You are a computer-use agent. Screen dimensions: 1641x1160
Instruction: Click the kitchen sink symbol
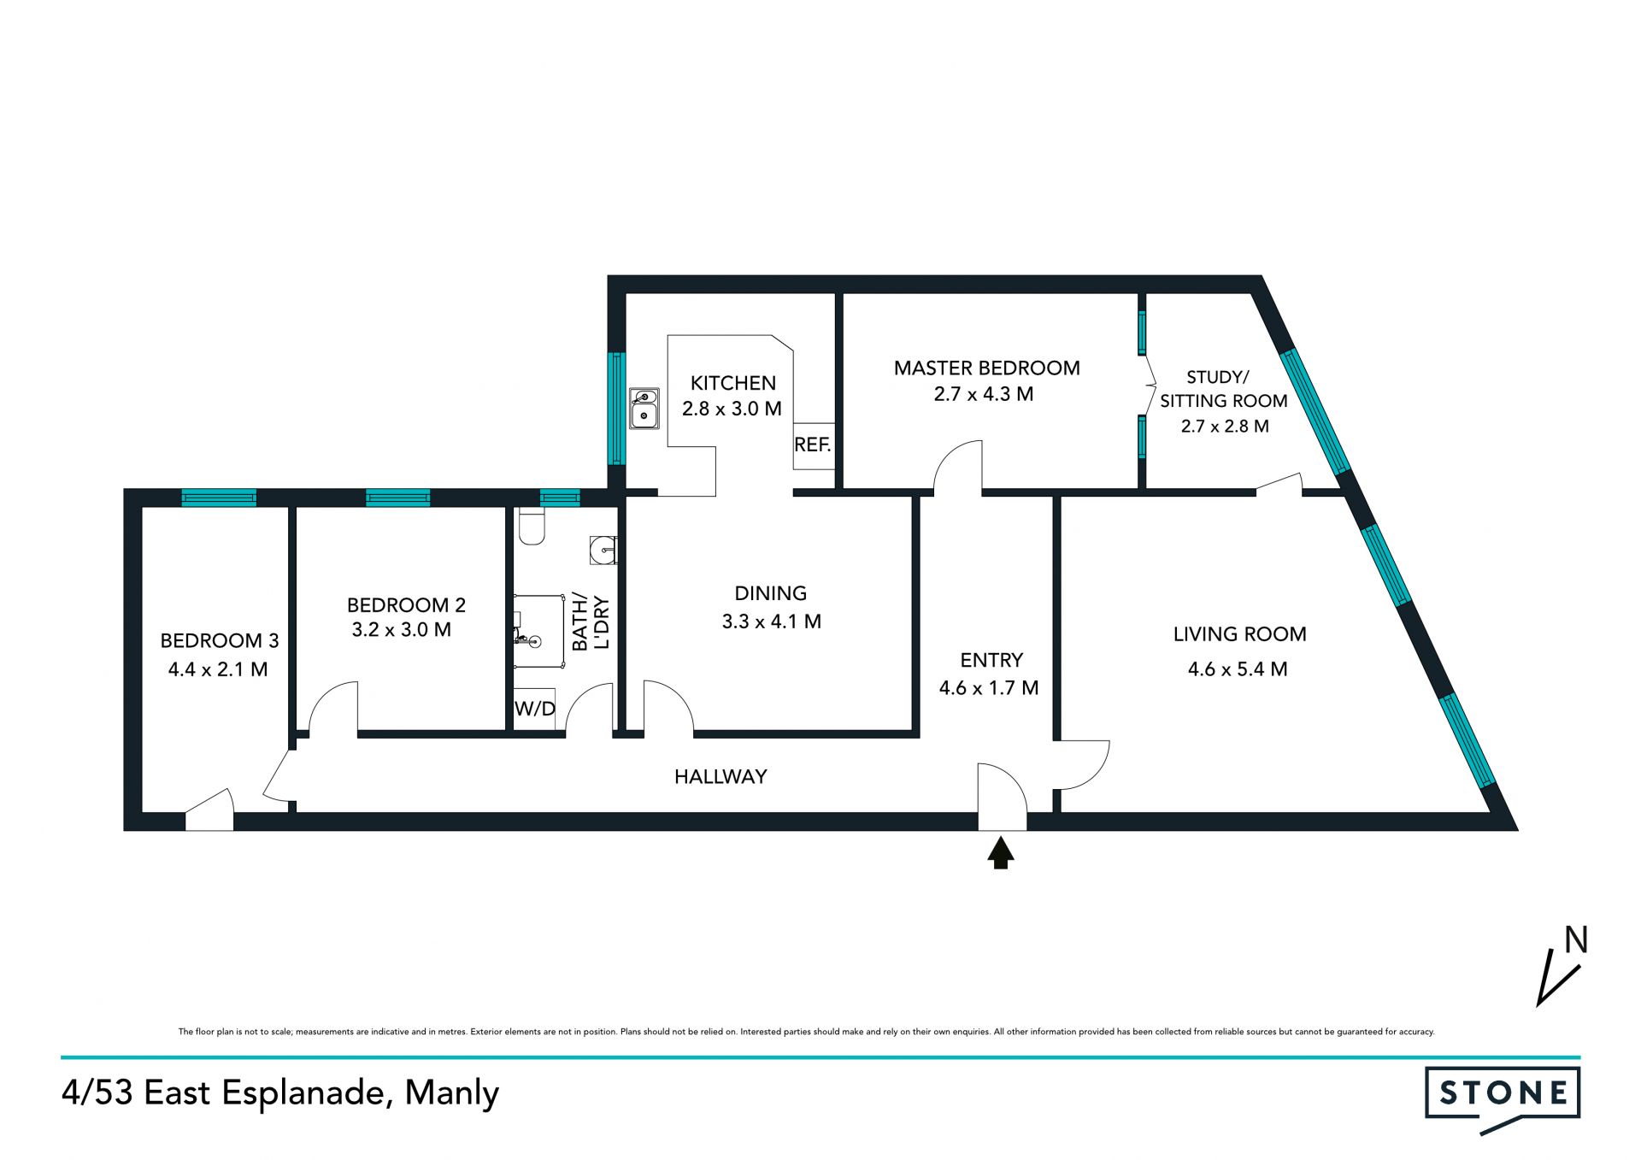(644, 409)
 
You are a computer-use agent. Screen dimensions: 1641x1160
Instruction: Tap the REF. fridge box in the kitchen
(813, 446)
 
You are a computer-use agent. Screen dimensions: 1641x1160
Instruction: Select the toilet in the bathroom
(532, 527)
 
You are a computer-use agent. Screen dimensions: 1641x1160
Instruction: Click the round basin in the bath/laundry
(603, 551)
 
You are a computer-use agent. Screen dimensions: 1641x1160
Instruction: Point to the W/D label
(535, 709)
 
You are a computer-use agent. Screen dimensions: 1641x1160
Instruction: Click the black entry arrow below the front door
(1001, 853)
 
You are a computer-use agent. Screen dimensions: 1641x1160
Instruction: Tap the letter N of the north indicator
(1576, 940)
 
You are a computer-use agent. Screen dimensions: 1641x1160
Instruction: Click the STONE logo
(1503, 1098)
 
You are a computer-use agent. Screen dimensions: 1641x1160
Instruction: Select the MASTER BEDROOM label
(987, 368)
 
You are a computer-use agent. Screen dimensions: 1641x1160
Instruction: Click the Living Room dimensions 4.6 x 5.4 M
(1238, 669)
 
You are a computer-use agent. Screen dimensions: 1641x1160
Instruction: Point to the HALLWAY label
(721, 777)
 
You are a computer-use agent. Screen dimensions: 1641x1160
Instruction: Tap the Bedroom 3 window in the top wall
(219, 498)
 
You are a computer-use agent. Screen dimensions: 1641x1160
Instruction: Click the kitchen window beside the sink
(616, 409)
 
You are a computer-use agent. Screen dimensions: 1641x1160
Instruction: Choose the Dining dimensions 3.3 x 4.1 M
(772, 621)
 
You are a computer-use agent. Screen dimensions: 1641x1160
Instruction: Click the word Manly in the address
(452, 1093)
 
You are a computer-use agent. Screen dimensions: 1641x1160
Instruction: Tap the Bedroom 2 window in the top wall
(398, 498)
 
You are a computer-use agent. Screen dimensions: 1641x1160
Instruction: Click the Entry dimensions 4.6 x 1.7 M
(989, 688)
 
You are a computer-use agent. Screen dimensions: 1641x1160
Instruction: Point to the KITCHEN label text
(733, 383)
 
